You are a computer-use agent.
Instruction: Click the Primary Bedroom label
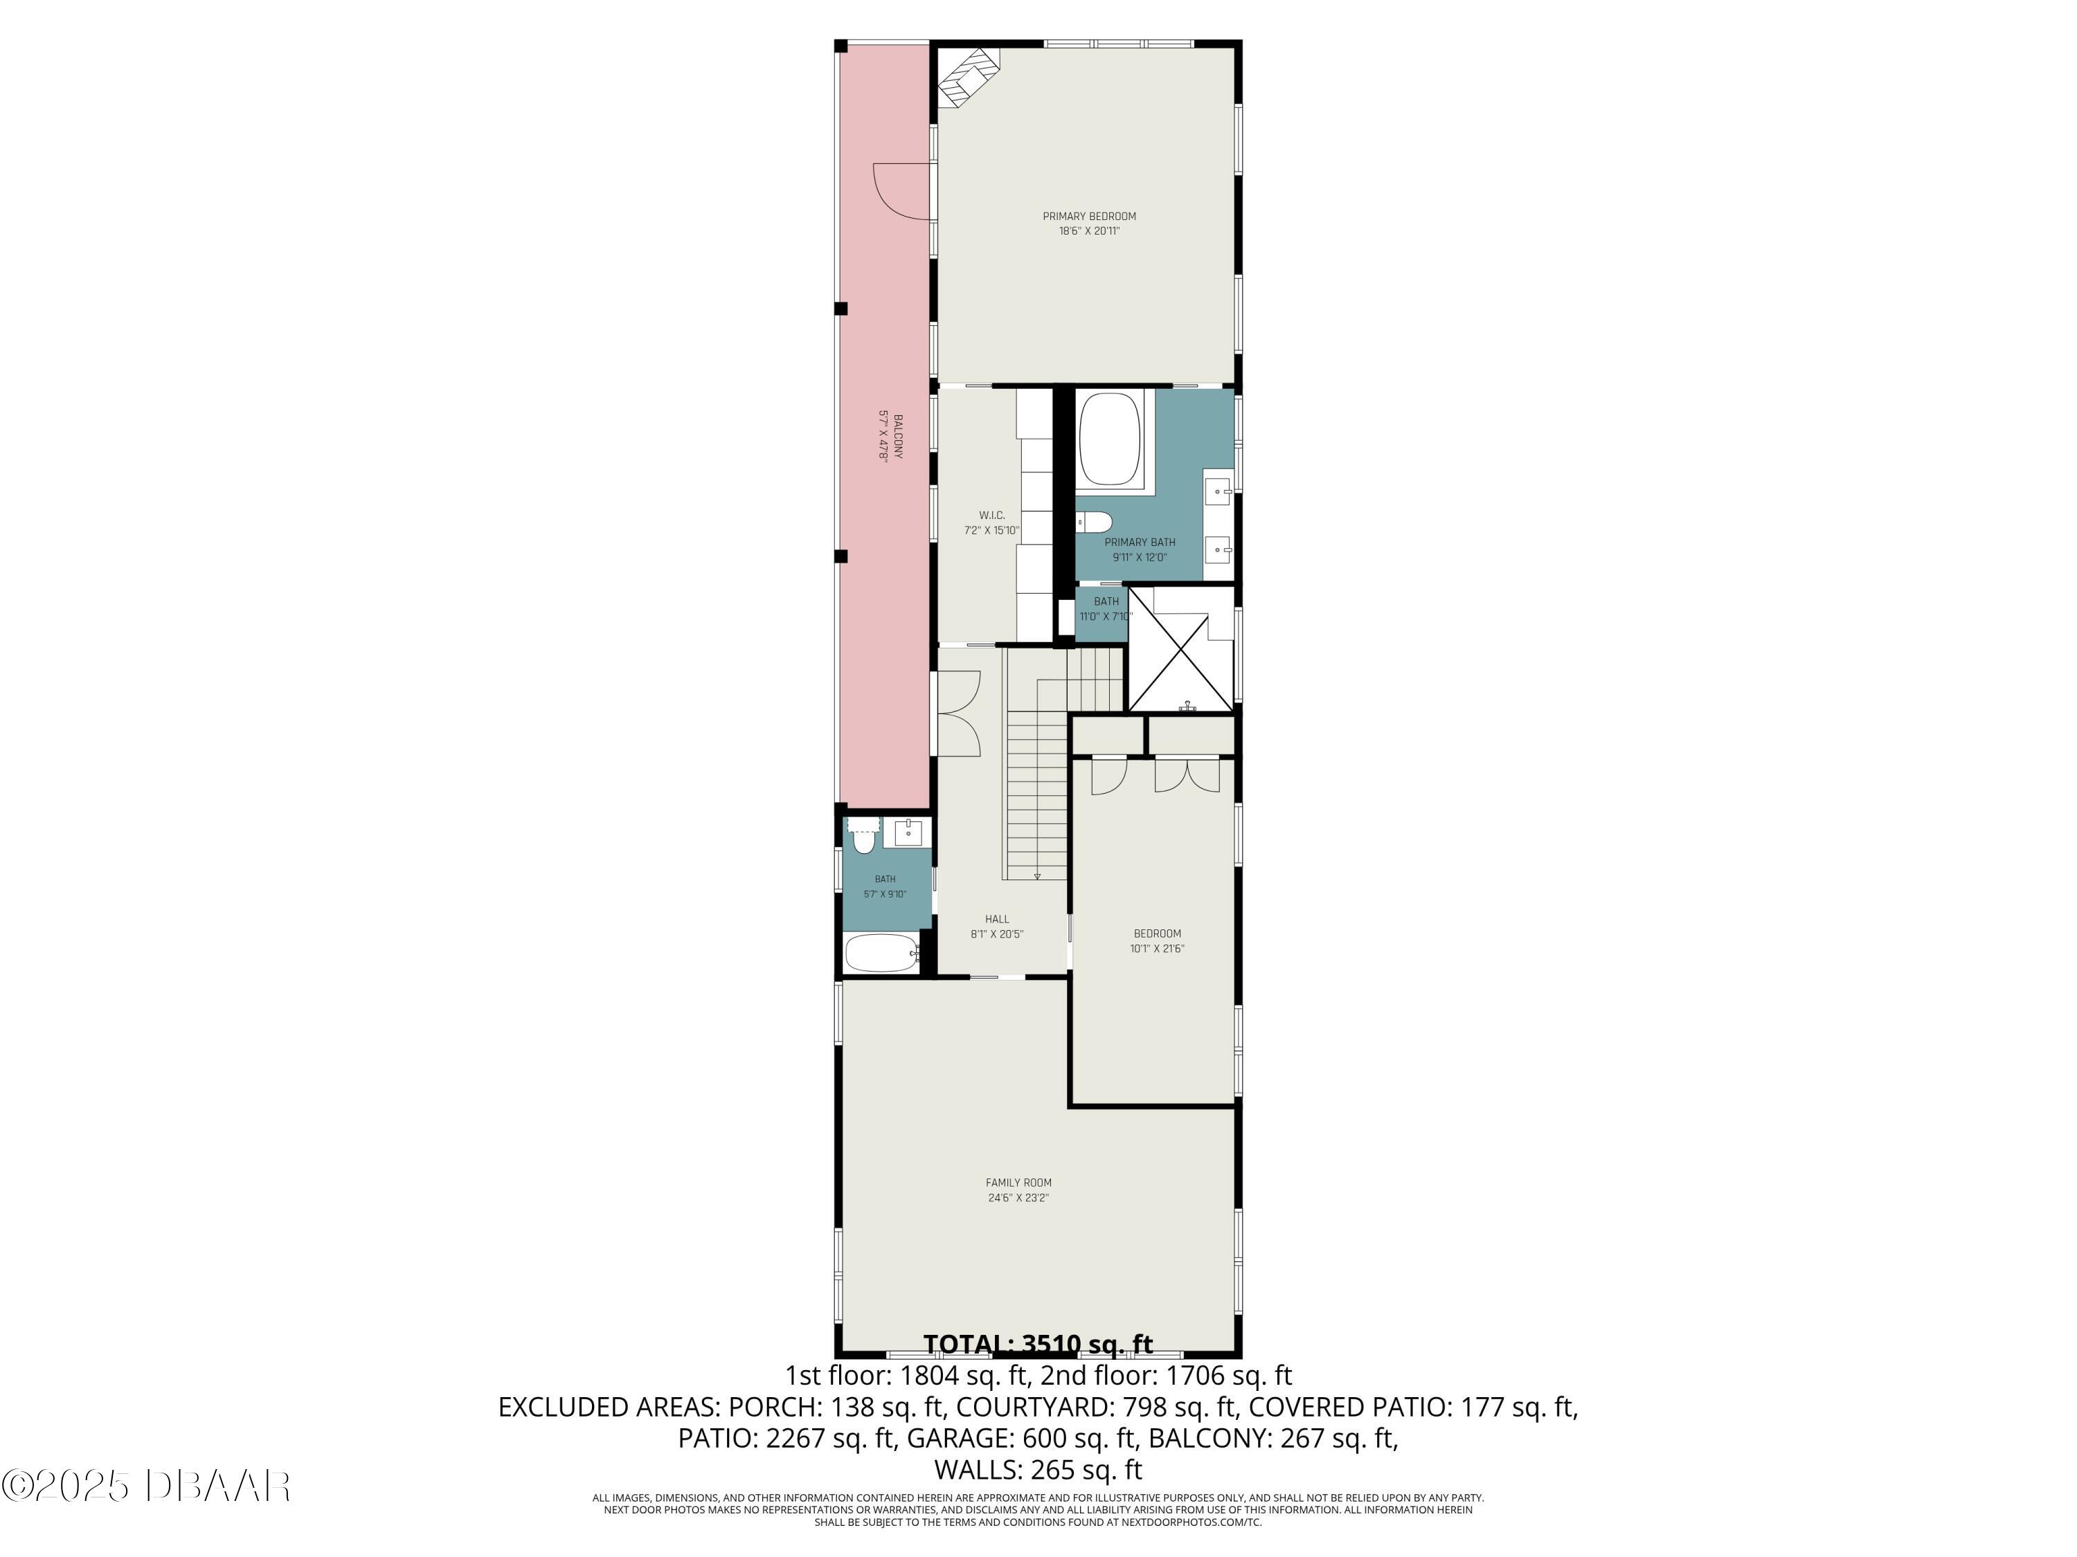coord(1088,216)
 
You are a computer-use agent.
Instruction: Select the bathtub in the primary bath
coord(1110,440)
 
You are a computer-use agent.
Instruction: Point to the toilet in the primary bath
coord(1095,521)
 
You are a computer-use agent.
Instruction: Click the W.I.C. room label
coord(991,516)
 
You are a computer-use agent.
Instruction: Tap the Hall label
coord(996,919)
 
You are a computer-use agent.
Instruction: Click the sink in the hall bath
coord(908,832)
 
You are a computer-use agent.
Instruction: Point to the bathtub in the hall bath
coord(882,954)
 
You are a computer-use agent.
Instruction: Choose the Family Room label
coord(1018,1183)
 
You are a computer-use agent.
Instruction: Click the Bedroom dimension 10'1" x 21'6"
coord(1157,948)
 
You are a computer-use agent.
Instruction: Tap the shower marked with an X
coord(1180,648)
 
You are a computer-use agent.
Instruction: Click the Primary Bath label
coord(1139,542)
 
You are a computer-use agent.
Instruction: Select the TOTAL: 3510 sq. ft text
coord(1038,1344)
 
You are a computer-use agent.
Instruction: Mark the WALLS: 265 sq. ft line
coord(1038,1469)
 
